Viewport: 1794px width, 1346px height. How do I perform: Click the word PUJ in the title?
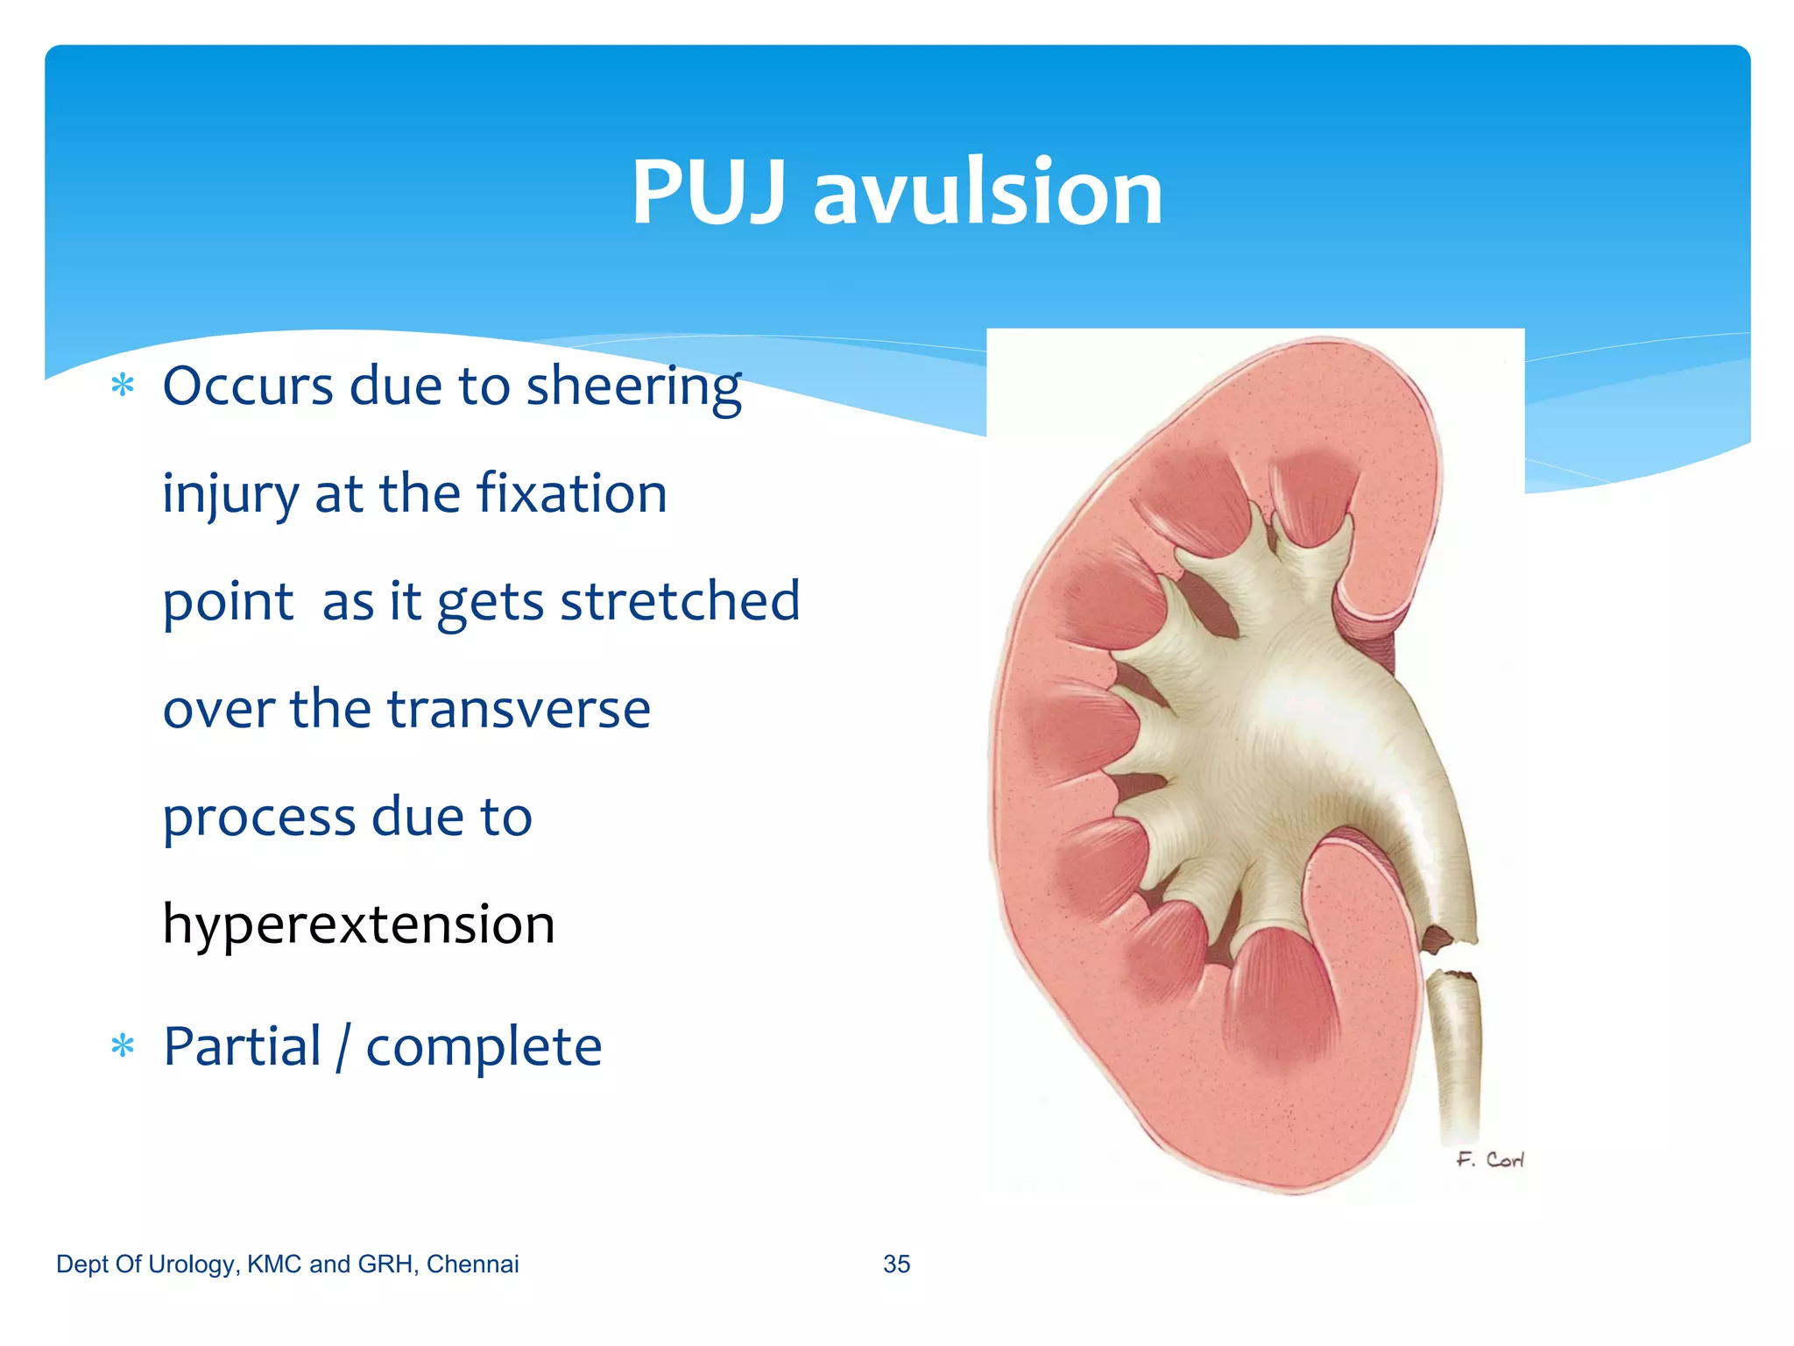coord(708,193)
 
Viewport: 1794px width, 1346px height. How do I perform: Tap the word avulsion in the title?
coord(987,193)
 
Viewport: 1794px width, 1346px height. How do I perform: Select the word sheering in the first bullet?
coord(633,387)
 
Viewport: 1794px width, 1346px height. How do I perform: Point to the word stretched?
coord(680,602)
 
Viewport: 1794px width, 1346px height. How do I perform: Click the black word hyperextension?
coord(359,925)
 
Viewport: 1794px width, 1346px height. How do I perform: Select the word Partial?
coord(243,1046)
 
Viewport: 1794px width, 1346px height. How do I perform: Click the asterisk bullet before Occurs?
coord(123,386)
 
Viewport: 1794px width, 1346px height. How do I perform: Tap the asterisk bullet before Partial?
coord(123,1046)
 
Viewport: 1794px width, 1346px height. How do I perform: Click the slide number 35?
coord(896,1264)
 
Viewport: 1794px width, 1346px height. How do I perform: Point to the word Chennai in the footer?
coord(472,1264)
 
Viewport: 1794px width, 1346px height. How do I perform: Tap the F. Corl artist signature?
coord(1490,1160)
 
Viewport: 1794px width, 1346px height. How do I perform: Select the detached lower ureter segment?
coord(1454,1052)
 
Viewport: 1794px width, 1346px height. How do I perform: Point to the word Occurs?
coord(248,386)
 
